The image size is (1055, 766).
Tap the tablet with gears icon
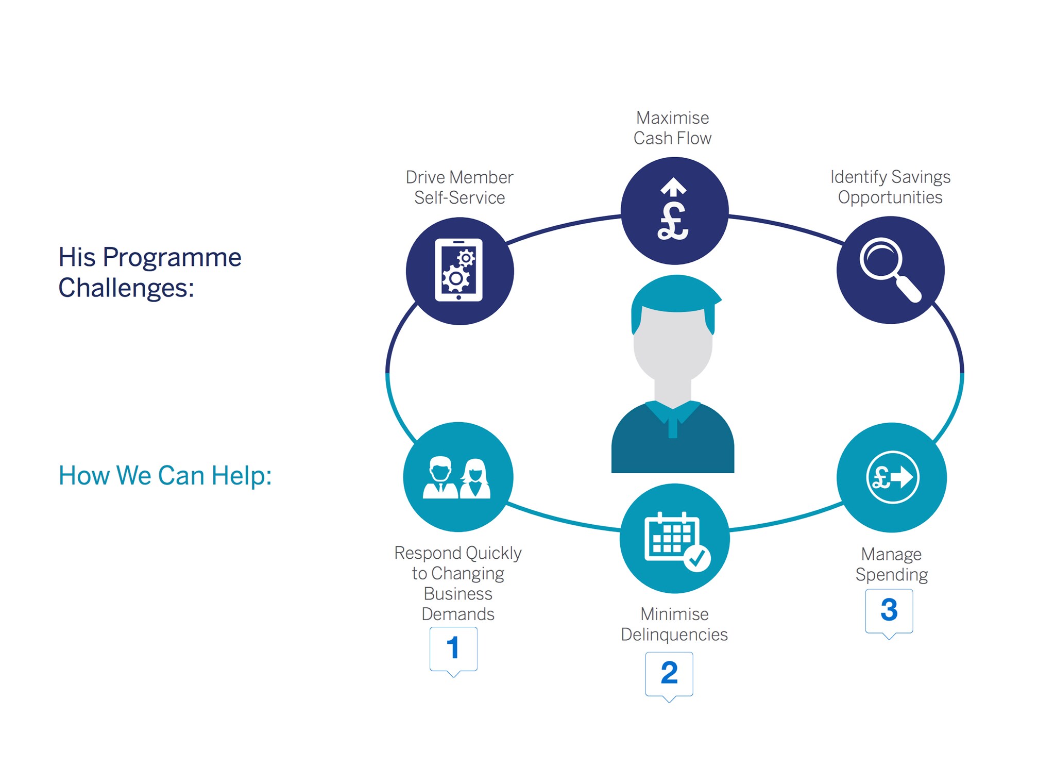459,271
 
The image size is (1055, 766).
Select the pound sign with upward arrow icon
674,210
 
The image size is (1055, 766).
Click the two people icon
457,477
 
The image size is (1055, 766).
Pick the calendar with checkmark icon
675,539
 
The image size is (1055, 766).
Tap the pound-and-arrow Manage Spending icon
892,477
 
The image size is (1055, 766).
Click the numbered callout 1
453,648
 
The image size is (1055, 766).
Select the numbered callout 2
669,673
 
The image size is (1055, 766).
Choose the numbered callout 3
889,610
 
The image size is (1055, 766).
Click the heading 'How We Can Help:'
165,475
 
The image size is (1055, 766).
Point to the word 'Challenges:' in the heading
126,288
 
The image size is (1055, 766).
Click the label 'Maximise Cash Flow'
672,128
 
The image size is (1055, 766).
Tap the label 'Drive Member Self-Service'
460,187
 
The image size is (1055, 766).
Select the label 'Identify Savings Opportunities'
890,187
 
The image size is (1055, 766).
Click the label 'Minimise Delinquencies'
674,624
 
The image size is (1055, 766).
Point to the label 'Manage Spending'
892,564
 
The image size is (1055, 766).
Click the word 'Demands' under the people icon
458,614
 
